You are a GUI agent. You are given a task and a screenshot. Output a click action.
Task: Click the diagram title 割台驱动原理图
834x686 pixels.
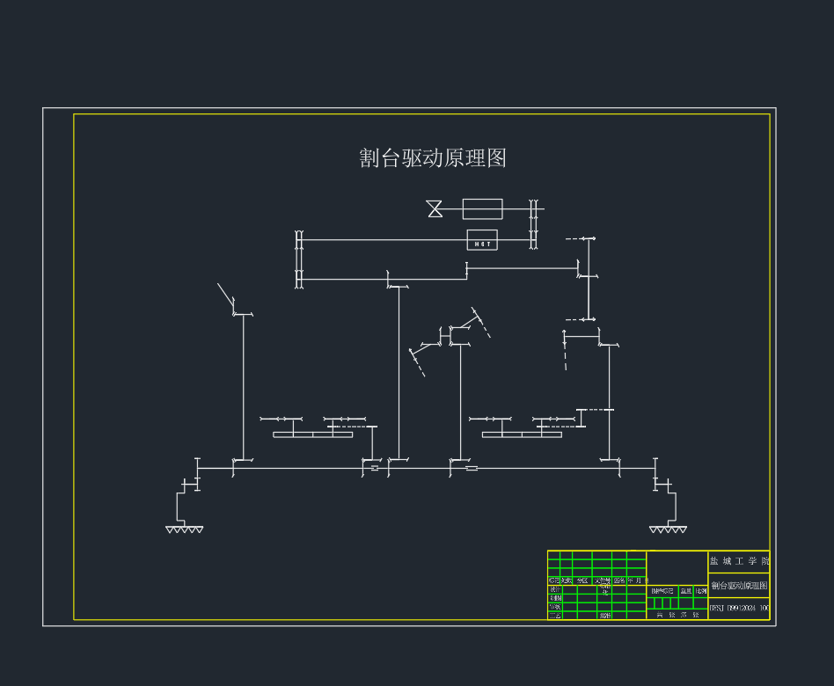click(x=433, y=158)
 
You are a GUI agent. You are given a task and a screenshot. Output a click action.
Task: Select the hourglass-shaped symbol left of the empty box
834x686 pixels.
click(x=435, y=208)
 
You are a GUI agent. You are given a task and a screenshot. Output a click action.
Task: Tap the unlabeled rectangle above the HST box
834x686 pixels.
click(x=482, y=208)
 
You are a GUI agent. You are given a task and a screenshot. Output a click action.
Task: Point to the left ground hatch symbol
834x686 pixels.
click(x=184, y=529)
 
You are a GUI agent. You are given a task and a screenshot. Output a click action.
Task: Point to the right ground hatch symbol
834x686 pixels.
click(x=668, y=529)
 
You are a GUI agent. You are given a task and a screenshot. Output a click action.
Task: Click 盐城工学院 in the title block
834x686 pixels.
click(x=739, y=561)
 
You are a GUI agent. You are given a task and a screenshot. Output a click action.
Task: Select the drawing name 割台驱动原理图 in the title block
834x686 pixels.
click(x=739, y=586)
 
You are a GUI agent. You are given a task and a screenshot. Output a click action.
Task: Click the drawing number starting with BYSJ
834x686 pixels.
click(x=739, y=608)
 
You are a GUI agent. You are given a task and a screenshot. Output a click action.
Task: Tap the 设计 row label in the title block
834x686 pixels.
click(x=554, y=589)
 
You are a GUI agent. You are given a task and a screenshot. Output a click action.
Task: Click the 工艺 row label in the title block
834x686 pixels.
click(x=554, y=616)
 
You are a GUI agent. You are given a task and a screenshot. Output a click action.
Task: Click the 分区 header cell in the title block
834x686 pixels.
click(x=582, y=580)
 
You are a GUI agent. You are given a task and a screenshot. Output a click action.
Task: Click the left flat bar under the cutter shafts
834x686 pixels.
click(x=312, y=434)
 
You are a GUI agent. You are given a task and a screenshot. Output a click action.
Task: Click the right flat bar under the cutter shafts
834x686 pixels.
click(x=522, y=434)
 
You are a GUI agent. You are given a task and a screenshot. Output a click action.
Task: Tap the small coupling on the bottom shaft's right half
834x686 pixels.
click(x=472, y=469)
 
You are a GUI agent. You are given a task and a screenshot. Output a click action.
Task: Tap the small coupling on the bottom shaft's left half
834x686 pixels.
click(x=375, y=469)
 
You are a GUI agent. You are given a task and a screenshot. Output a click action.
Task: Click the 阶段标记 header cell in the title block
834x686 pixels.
click(x=662, y=591)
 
